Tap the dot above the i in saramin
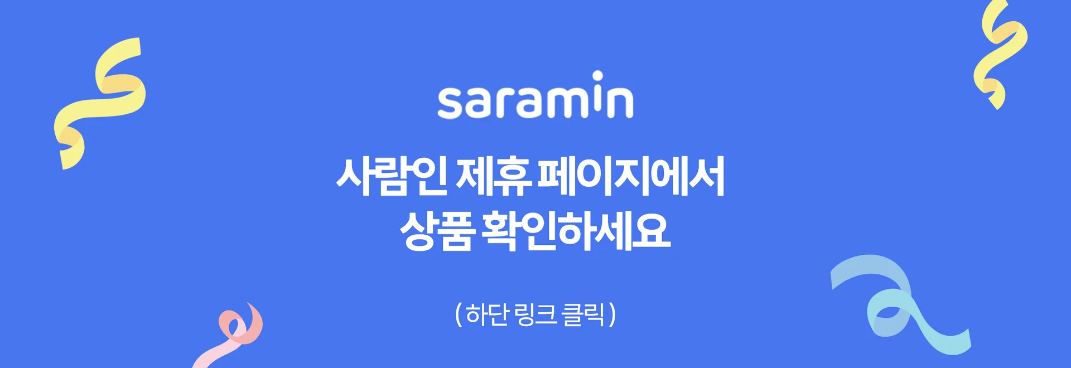pos(597,76)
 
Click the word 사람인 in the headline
pos(392,176)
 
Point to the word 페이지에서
pos(631,176)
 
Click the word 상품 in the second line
pos(437,231)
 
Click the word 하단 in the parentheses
pos(487,314)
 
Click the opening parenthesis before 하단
pos(459,315)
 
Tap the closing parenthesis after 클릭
pos(612,315)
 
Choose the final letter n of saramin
pos(620,103)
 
